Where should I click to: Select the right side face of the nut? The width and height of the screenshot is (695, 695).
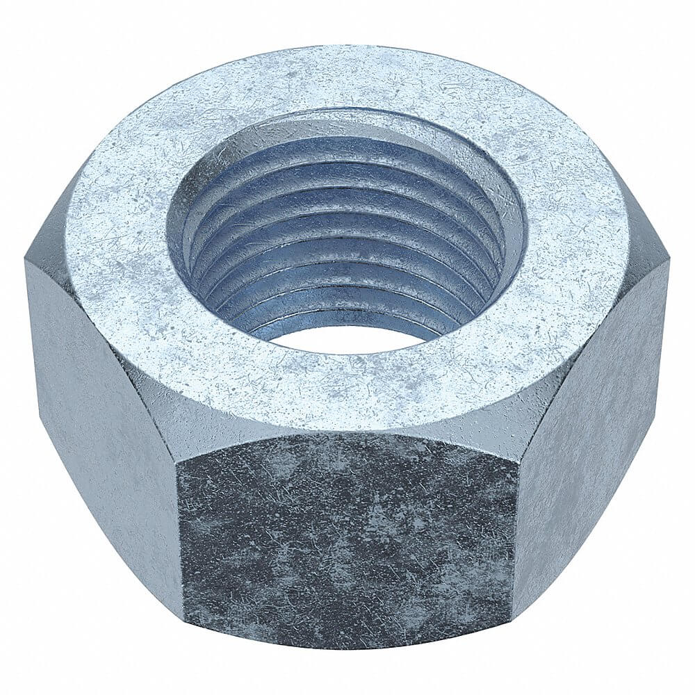(x=598, y=417)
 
